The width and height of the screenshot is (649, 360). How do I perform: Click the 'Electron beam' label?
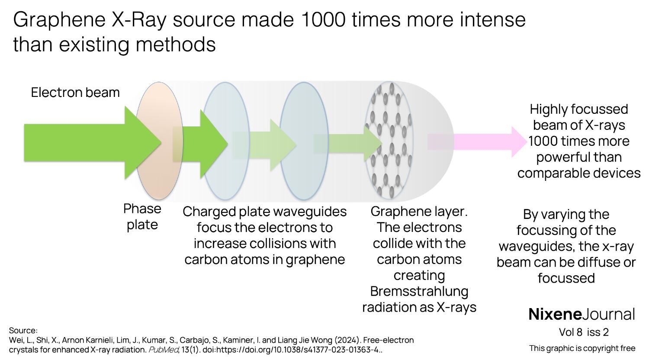point(75,93)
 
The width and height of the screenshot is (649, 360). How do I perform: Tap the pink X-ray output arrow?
point(477,142)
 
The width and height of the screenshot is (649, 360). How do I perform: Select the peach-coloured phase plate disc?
point(159,141)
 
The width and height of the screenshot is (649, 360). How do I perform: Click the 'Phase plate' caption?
point(142,216)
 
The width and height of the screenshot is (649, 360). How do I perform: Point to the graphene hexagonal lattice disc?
point(389,141)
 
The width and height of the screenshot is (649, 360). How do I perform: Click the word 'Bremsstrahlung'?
point(419,291)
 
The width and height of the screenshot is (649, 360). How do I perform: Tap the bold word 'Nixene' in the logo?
point(555,314)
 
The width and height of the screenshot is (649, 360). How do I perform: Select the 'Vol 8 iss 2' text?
point(584,332)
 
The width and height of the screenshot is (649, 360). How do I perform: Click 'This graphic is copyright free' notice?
point(582,348)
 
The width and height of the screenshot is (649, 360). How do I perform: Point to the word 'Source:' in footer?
point(23,331)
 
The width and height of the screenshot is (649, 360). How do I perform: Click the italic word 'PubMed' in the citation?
point(163,350)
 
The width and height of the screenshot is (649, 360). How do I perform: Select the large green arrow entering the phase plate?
point(93,142)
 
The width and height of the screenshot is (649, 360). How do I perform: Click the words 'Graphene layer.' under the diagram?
point(419,212)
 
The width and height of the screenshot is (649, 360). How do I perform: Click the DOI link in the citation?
point(292,350)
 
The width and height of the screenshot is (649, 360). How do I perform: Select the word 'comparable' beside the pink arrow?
point(554,174)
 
